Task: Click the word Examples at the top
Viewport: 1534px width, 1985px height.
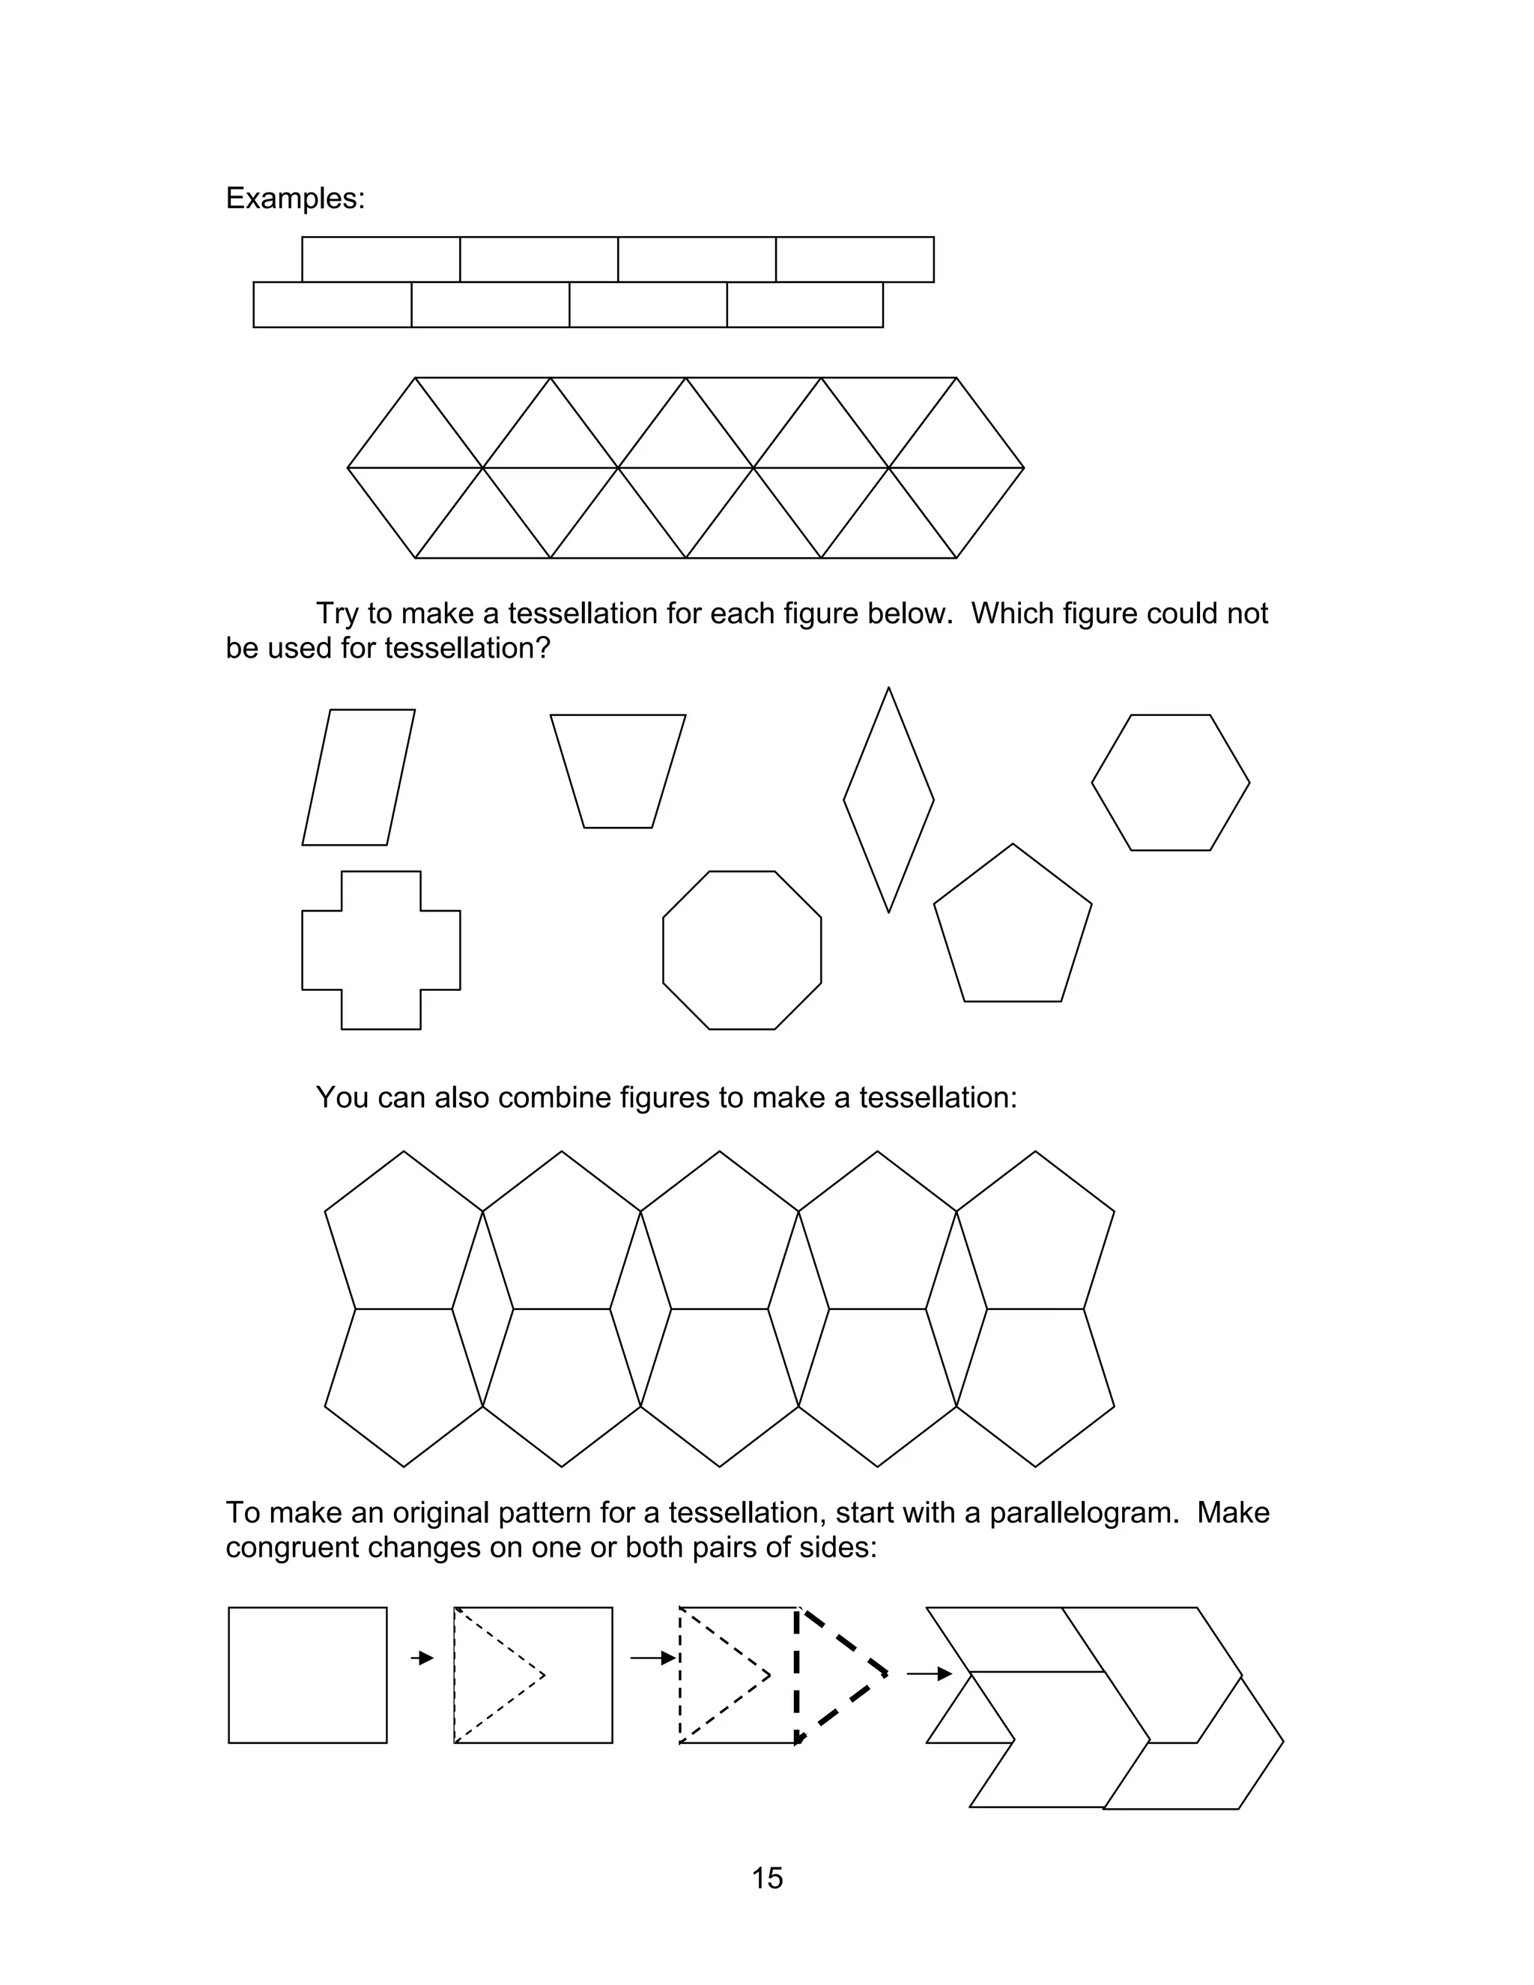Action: point(294,198)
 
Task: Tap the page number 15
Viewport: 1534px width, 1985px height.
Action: point(767,1878)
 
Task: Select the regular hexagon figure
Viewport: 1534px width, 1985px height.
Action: point(1171,783)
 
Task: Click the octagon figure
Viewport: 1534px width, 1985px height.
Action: point(742,950)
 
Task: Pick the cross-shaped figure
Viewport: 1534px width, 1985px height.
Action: point(381,950)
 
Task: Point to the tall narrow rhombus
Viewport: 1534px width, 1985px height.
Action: point(888,800)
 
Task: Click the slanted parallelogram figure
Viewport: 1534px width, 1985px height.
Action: point(358,777)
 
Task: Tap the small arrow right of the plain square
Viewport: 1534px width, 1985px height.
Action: point(422,1658)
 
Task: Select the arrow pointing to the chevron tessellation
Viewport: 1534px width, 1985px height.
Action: point(929,1673)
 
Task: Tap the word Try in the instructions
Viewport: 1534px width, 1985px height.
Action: point(336,613)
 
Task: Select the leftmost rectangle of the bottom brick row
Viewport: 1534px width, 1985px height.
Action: point(332,304)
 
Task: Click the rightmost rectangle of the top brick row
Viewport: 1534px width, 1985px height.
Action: point(854,259)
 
